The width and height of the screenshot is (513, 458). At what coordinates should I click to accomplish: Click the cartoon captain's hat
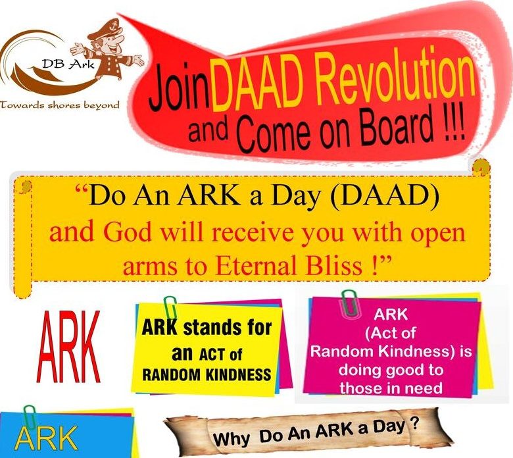point(105,29)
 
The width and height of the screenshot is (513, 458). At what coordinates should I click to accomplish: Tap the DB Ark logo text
point(68,64)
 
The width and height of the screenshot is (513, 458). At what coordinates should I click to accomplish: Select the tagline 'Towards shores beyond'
point(60,105)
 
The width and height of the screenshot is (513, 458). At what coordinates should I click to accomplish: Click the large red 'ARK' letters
point(68,347)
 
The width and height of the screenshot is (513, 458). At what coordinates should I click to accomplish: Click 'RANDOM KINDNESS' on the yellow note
point(207,374)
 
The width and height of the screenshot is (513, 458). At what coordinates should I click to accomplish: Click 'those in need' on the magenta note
point(391,388)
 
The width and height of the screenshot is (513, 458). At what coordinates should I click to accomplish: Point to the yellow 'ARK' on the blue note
point(46,439)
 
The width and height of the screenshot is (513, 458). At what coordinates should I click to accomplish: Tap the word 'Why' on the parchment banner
point(233,439)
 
